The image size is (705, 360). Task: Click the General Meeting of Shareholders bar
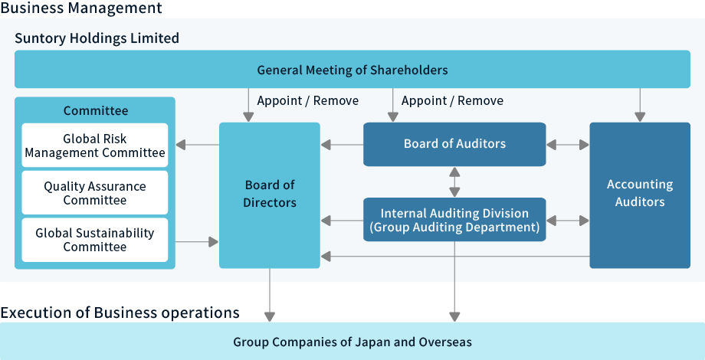point(352,70)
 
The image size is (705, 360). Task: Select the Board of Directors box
point(270,195)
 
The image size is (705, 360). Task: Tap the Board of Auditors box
point(454,144)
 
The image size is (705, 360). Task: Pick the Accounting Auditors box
point(639,195)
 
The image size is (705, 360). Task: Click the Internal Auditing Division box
point(454,220)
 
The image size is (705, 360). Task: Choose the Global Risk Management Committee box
point(95,146)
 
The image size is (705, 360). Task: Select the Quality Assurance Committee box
point(95,193)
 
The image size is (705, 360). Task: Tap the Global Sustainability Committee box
point(95,240)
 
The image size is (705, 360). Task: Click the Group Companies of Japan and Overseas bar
point(352,342)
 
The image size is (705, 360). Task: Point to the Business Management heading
point(81,8)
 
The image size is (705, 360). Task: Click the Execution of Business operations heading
point(120,313)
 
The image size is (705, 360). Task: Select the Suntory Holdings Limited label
point(97,38)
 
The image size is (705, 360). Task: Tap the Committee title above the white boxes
point(95,111)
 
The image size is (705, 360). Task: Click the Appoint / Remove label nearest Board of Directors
point(307,100)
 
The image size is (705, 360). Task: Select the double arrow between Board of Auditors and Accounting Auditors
point(568,144)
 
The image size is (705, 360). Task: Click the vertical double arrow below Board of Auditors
point(454,182)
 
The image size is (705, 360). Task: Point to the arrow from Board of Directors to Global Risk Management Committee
point(197,144)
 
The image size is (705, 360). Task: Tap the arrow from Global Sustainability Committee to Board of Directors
point(197,242)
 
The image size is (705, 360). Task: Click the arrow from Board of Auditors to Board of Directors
point(342,144)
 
